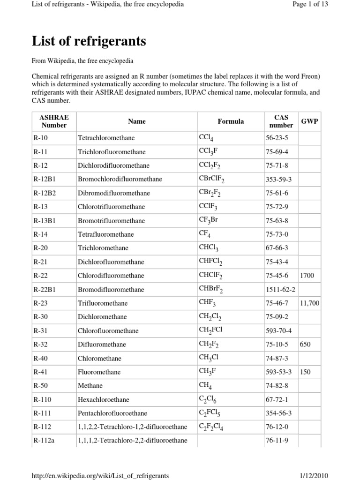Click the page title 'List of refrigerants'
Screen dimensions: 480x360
tap(89, 42)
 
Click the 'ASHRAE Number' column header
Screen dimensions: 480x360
tap(54, 121)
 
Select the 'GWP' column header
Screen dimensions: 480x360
tap(309, 121)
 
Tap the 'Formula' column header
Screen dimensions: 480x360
tap(231, 121)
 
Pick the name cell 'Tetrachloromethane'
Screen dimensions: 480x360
tap(106, 138)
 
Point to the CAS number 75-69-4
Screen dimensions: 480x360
tap(277, 152)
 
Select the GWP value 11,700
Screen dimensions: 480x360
tap(309, 303)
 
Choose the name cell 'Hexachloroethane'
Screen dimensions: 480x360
tap(104, 400)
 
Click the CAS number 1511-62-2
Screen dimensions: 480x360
tap(280, 290)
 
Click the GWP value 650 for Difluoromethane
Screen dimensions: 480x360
tap(305, 345)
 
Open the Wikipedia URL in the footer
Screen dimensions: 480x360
tap(100, 476)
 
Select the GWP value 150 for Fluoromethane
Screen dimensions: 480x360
tap(305, 372)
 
